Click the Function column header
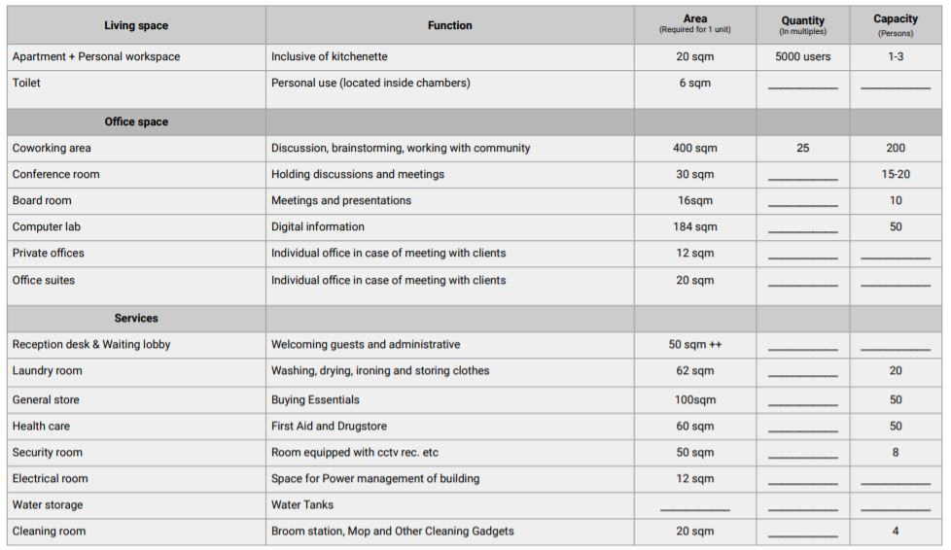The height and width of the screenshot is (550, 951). [449, 25]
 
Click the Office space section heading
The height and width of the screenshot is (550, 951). [136, 122]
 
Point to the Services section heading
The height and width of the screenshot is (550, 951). [136, 319]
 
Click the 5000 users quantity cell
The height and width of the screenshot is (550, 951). [802, 57]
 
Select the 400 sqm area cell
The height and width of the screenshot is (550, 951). [694, 149]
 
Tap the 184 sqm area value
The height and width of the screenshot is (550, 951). [694, 227]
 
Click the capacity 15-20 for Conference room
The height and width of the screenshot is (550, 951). [895, 175]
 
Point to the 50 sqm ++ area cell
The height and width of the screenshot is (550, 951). [694, 345]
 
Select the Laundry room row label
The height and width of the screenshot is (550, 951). [47, 371]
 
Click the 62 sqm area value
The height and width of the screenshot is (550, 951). [694, 371]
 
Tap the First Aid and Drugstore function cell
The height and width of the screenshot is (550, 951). [335, 427]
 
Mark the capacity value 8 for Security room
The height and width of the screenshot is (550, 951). [895, 453]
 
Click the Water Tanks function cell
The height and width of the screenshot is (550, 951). [301, 505]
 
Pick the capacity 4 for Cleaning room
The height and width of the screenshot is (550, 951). [895, 532]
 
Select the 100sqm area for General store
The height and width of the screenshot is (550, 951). [694, 400]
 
